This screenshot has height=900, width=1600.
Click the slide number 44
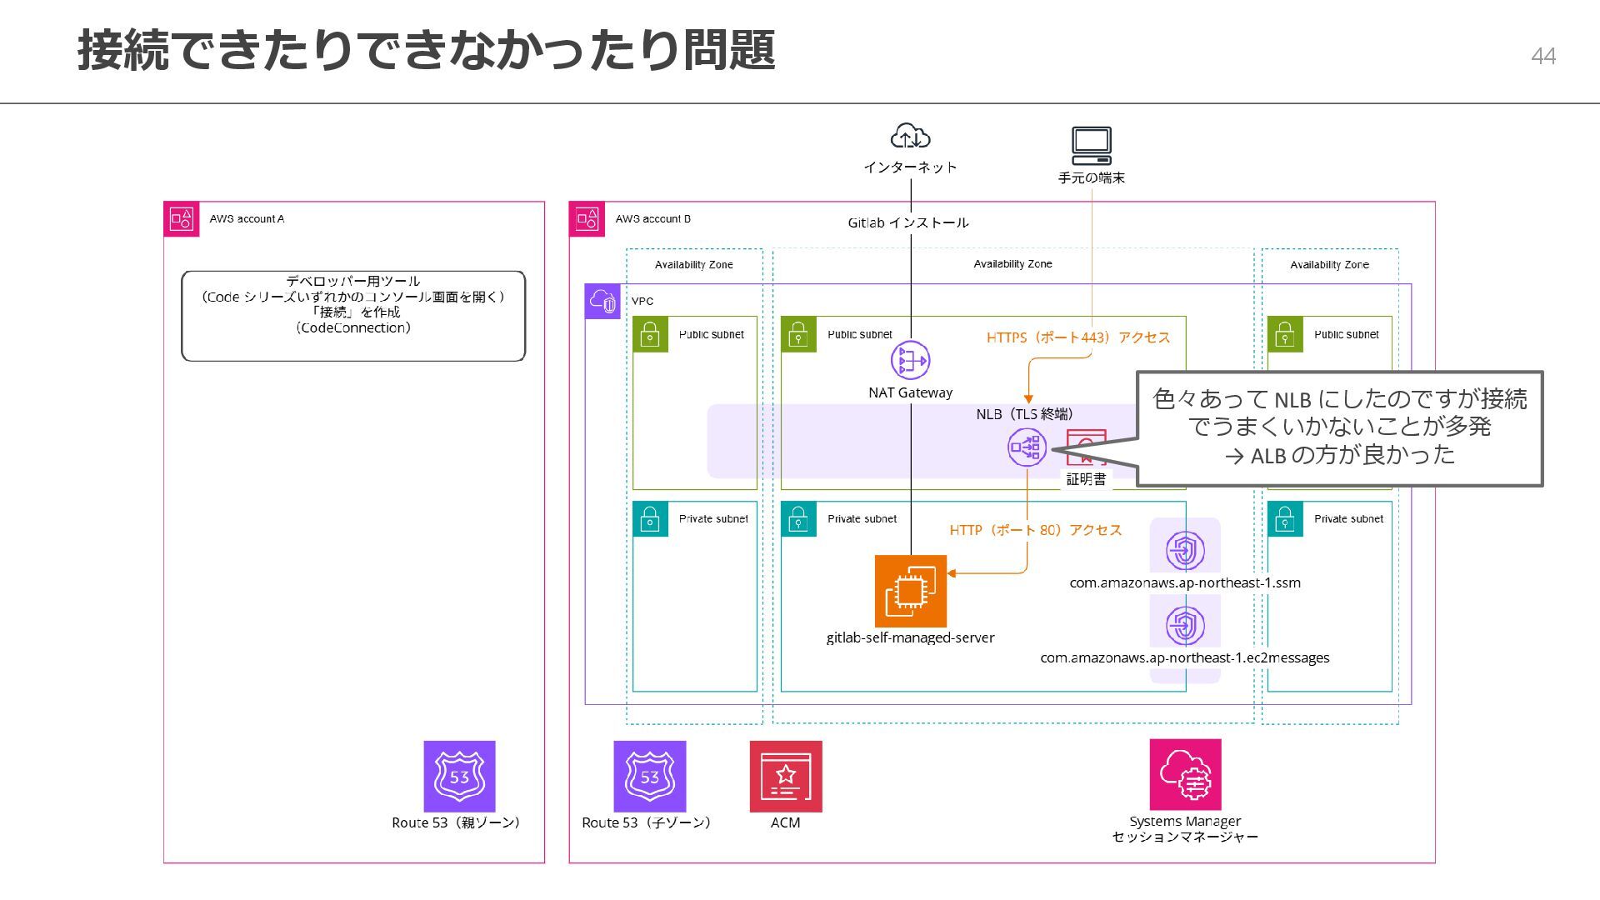pyautogui.click(x=1543, y=56)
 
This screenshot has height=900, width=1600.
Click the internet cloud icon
pyautogui.click(x=910, y=137)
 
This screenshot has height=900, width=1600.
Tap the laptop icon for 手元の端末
pyautogui.click(x=1092, y=147)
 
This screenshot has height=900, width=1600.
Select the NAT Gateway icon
pyautogui.click(x=910, y=361)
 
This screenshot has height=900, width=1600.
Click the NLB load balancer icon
pyautogui.click(x=1027, y=447)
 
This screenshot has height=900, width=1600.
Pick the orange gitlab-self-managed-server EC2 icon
pyautogui.click(x=911, y=591)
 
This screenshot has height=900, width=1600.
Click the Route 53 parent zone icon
pyautogui.click(x=459, y=777)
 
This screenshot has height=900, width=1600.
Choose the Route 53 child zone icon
pyautogui.click(x=650, y=777)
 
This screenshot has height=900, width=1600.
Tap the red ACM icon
pyautogui.click(x=786, y=777)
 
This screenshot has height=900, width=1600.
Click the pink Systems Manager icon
pyautogui.click(x=1185, y=775)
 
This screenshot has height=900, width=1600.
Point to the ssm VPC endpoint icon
pyautogui.click(x=1185, y=551)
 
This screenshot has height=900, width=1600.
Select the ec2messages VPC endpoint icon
pyautogui.click(x=1185, y=624)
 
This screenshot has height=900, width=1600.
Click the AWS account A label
pyautogui.click(x=247, y=219)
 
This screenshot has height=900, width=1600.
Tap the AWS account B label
pyautogui.click(x=652, y=219)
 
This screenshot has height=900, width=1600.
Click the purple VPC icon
pyautogui.click(x=602, y=302)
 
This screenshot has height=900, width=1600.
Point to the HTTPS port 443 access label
pyautogui.click(x=1078, y=337)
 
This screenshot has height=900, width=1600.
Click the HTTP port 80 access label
pyautogui.click(x=1036, y=530)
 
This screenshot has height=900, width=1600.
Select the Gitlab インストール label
pyautogui.click(x=908, y=223)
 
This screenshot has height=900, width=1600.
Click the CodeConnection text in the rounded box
pyautogui.click(x=353, y=328)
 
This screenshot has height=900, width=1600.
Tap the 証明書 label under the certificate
pyautogui.click(x=1087, y=479)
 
